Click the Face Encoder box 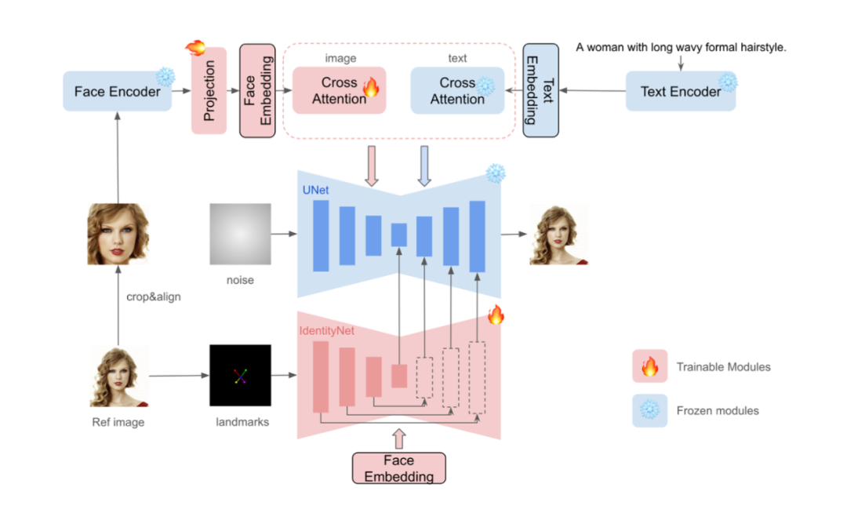[117, 91]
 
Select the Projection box [209, 90]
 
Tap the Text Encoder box [681, 91]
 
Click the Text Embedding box [540, 91]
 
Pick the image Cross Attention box [339, 90]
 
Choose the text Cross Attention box [457, 90]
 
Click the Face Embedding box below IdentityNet [398, 468]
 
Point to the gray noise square [240, 234]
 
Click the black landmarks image [240, 375]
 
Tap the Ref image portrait [119, 377]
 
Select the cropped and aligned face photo [118, 234]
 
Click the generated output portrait [558, 234]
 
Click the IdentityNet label [326, 331]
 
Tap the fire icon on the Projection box [194, 48]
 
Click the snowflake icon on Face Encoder [165, 76]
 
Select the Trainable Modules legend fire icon [649, 366]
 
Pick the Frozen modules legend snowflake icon [649, 410]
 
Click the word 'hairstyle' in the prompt [760, 48]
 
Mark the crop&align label [154, 297]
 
